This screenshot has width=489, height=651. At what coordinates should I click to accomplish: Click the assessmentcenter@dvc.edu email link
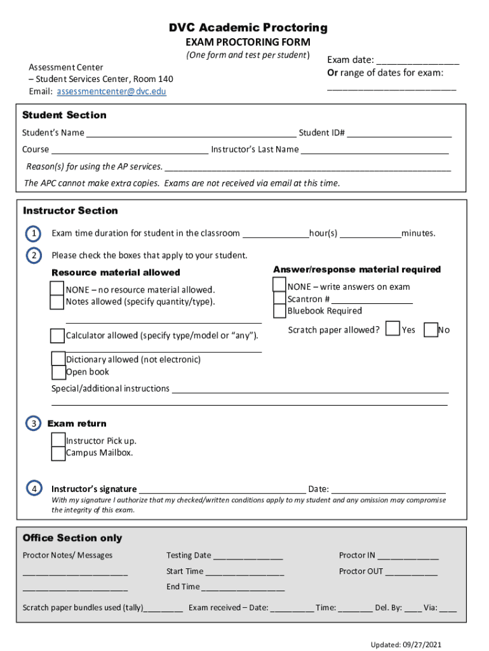click(111, 92)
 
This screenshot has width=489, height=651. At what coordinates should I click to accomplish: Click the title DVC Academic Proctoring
click(248, 27)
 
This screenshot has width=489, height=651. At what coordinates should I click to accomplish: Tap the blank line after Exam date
click(417, 62)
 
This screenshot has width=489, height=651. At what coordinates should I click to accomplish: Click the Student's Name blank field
click(191, 134)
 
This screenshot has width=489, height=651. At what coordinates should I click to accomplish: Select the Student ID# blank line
click(399, 134)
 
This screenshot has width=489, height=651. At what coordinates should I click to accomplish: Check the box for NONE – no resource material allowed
click(58, 289)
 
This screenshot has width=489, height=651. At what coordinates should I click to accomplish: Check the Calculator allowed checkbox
click(58, 335)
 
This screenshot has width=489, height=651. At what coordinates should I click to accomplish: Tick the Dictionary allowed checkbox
click(58, 359)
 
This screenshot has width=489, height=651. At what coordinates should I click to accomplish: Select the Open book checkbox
click(58, 372)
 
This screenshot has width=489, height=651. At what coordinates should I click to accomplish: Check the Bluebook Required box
click(279, 311)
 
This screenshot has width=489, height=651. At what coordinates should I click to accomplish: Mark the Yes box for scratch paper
click(393, 329)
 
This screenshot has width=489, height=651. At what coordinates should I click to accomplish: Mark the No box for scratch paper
click(431, 329)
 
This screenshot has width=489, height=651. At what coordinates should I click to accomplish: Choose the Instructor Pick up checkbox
click(58, 440)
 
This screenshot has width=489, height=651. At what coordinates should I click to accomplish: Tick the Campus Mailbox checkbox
click(58, 453)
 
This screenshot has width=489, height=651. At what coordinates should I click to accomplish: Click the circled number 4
click(34, 489)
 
